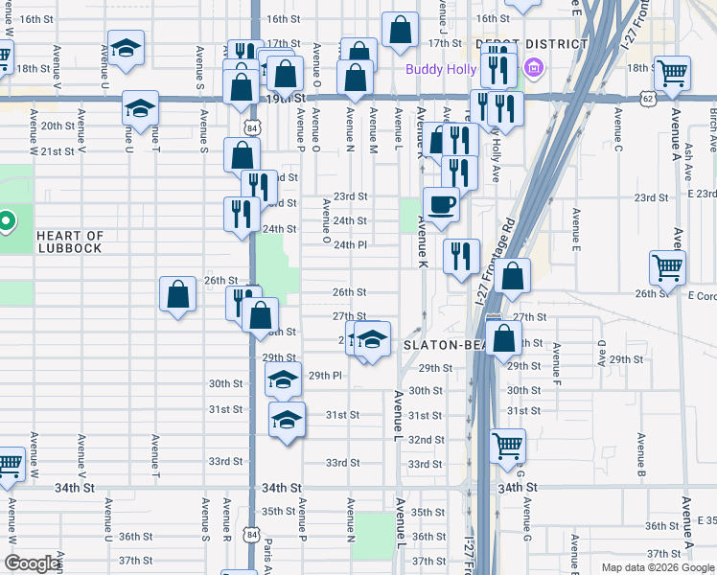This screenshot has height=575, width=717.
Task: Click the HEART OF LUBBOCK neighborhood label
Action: pyautogui.click(x=69, y=241)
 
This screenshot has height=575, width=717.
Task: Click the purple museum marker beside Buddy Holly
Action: pyautogui.click(x=535, y=68)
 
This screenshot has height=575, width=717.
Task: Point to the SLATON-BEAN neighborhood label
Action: pyautogui.click(x=446, y=345)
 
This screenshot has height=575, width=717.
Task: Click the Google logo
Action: pyautogui.click(x=32, y=563)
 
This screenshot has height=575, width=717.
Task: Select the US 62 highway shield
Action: pyautogui.click(x=648, y=97)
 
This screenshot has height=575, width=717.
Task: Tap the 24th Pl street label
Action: pyautogui.click(x=350, y=245)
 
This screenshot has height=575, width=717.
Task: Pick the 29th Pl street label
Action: pyautogui.click(x=325, y=375)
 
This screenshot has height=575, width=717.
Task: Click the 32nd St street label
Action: pyautogui.click(x=425, y=439)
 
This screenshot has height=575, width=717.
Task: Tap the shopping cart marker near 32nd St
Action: pyautogui.click(x=507, y=446)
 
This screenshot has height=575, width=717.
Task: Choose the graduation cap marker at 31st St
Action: pyautogui.click(x=286, y=421)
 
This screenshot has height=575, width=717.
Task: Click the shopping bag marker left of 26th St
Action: pyautogui.click(x=178, y=294)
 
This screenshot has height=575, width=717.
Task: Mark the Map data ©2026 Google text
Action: pyautogui.click(x=658, y=567)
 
